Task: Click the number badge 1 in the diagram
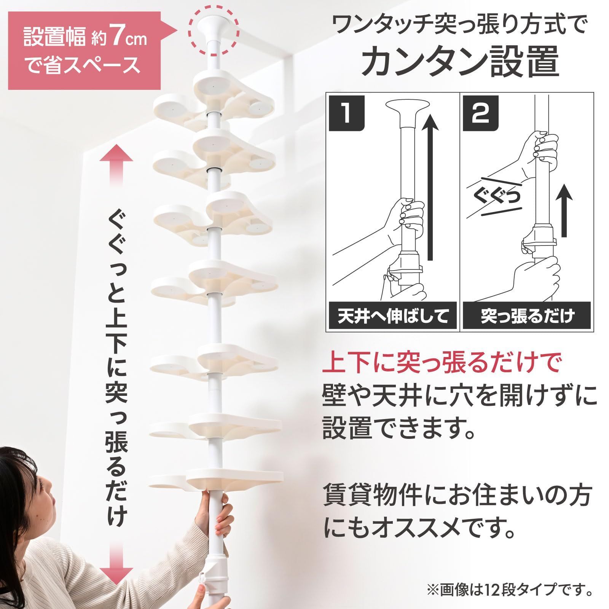pyautogui.click(x=346, y=113)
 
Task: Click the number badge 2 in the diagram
pyautogui.click(x=481, y=113)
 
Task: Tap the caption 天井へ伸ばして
pyautogui.click(x=393, y=316)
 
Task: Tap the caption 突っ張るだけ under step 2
pyautogui.click(x=527, y=316)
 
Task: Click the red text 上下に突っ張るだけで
pyautogui.click(x=442, y=363)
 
